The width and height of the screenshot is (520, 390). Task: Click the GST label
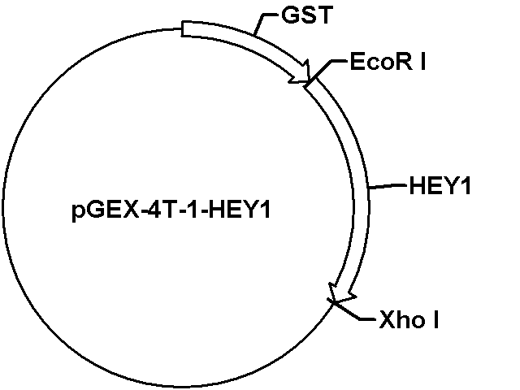[x=307, y=15]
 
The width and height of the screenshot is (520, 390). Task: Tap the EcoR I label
[x=388, y=62]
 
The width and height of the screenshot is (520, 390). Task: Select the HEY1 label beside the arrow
[x=440, y=185]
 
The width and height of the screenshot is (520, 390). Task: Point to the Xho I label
[x=409, y=319]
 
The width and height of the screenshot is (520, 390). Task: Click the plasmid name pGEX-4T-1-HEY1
[x=171, y=211]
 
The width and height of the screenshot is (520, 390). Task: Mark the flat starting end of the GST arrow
[x=182, y=28]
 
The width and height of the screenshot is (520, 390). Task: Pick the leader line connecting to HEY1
[x=388, y=186]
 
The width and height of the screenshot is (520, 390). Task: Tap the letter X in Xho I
[x=387, y=319]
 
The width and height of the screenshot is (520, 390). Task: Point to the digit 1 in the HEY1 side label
[x=466, y=186]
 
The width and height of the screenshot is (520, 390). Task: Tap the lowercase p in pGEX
[x=77, y=213]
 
